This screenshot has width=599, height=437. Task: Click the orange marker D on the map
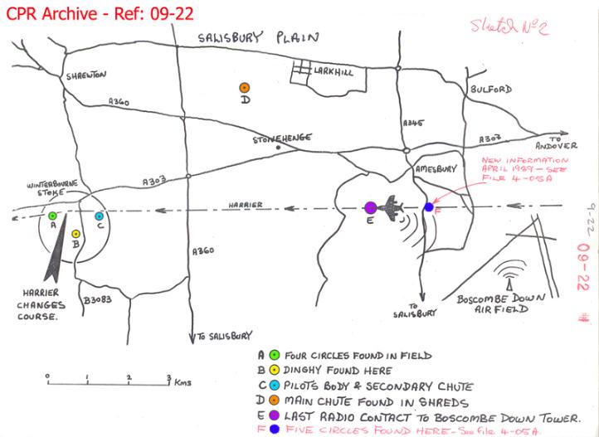coord(244,87)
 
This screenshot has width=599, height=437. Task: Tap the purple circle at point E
coord(371,206)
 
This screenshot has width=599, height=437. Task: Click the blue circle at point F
coord(428,206)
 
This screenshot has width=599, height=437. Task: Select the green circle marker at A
coord(52,216)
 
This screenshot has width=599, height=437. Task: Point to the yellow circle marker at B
coord(75,234)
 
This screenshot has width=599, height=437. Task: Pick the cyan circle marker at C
coord(99,216)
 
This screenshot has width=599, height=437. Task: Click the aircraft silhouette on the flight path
coord(398,206)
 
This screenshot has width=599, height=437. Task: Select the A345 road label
coord(413,122)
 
